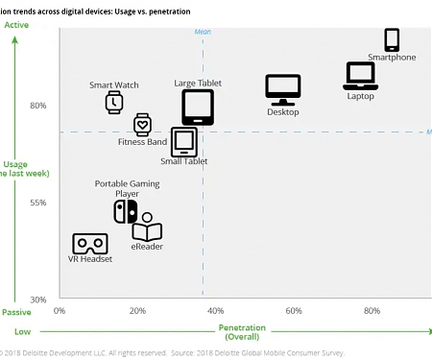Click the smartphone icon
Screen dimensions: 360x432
click(x=392, y=39)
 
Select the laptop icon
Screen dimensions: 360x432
click(x=361, y=75)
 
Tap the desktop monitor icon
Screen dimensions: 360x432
click(x=283, y=90)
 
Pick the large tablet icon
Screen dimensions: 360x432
click(x=198, y=108)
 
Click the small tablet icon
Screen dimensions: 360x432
click(x=183, y=142)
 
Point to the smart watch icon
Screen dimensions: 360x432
click(x=114, y=102)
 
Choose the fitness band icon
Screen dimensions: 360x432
click(x=142, y=124)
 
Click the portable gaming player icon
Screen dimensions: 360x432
click(x=125, y=211)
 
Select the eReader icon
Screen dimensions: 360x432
click(x=146, y=228)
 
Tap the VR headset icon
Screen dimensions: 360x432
click(x=89, y=244)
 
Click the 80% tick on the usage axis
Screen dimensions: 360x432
click(x=38, y=106)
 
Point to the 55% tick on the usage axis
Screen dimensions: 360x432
click(x=38, y=203)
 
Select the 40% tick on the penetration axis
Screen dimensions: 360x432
click(x=215, y=311)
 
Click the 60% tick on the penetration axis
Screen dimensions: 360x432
click(x=294, y=311)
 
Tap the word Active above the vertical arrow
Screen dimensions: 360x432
click(x=16, y=24)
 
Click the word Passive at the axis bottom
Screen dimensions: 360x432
click(x=16, y=312)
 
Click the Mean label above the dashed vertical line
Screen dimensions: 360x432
click(x=203, y=32)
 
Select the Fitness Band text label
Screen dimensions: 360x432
click(x=142, y=143)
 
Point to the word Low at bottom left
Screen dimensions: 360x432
click(x=22, y=331)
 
